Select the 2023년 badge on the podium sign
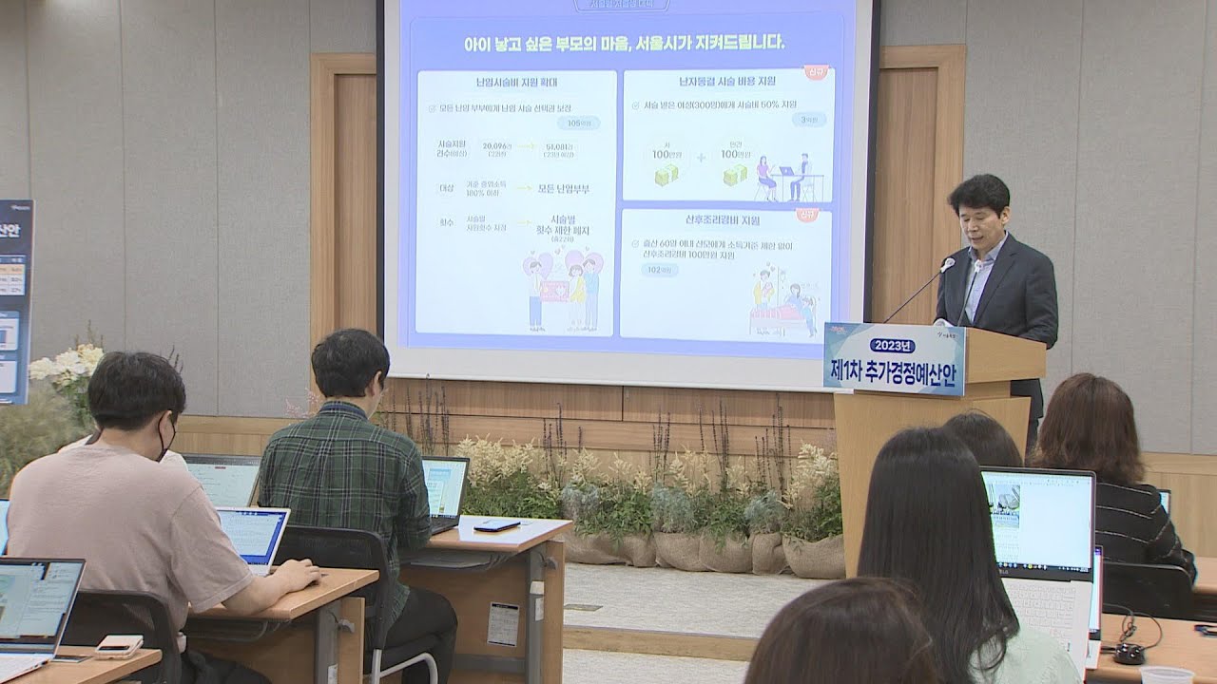[892, 345]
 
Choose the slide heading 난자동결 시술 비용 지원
[725, 82]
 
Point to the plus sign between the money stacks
[701, 158]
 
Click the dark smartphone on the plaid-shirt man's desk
[496, 525]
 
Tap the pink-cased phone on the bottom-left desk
[119, 646]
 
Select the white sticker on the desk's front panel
[503, 623]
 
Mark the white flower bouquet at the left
[67, 365]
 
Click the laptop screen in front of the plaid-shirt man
[444, 487]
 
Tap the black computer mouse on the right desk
[1130, 654]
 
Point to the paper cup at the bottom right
[1166, 675]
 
